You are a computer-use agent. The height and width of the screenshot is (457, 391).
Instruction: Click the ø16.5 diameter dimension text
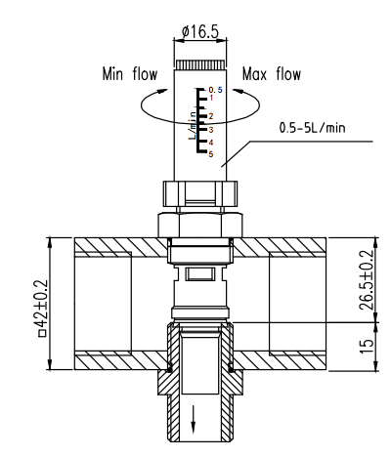coord(201,31)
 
